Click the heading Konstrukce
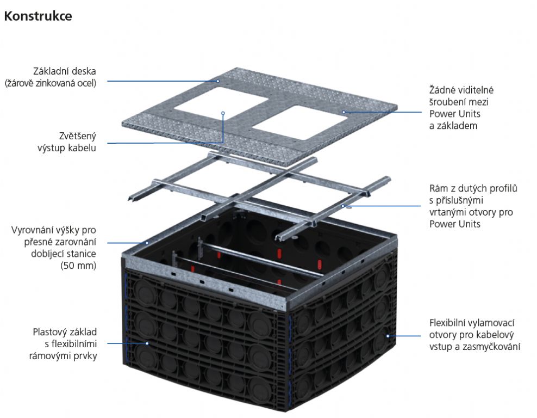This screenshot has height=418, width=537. [38, 16]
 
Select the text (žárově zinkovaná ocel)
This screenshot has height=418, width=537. [51, 83]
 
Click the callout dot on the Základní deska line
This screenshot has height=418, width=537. [217, 82]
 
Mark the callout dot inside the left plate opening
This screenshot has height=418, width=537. [223, 113]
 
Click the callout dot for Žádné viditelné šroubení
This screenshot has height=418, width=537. [345, 112]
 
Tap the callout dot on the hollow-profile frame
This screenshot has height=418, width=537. [344, 206]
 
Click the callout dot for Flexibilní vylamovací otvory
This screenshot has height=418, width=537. [388, 335]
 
